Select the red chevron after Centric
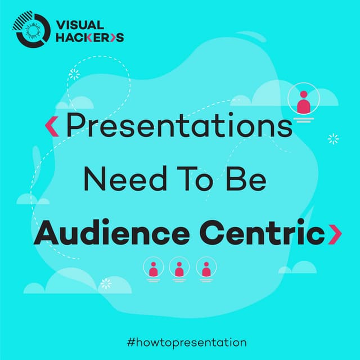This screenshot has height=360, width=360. [335, 233]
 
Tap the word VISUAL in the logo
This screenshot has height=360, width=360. [80, 25]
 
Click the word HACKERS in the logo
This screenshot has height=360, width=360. [88, 38]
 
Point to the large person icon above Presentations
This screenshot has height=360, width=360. [303, 102]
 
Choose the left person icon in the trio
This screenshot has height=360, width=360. [153, 268]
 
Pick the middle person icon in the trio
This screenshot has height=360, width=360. [179, 268]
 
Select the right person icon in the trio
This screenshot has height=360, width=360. [205, 268]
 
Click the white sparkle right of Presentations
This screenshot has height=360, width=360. [333, 138]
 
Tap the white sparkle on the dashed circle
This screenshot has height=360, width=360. [74, 74]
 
